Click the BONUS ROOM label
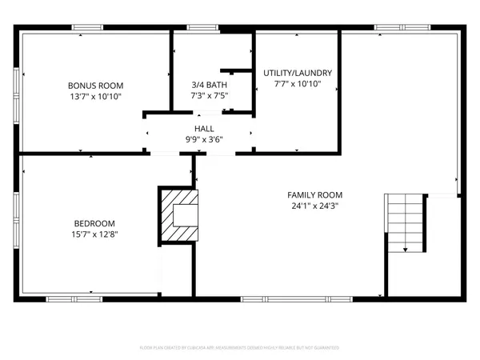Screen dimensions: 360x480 click(x=95, y=86)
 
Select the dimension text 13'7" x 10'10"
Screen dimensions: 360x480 click(x=95, y=97)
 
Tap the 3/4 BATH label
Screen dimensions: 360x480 click(x=209, y=86)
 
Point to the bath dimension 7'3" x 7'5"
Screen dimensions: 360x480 click(x=209, y=97)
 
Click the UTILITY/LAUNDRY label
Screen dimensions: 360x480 click(x=298, y=74)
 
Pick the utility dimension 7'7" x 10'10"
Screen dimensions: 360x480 click(x=298, y=85)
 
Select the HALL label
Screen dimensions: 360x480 click(x=204, y=128)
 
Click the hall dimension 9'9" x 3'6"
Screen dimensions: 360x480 click(x=204, y=139)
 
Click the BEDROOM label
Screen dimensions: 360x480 click(x=95, y=223)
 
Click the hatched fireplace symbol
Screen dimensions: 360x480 click(x=179, y=214)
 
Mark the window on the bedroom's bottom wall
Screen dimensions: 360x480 click(x=76, y=299)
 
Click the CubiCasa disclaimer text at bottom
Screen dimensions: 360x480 click(x=240, y=348)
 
